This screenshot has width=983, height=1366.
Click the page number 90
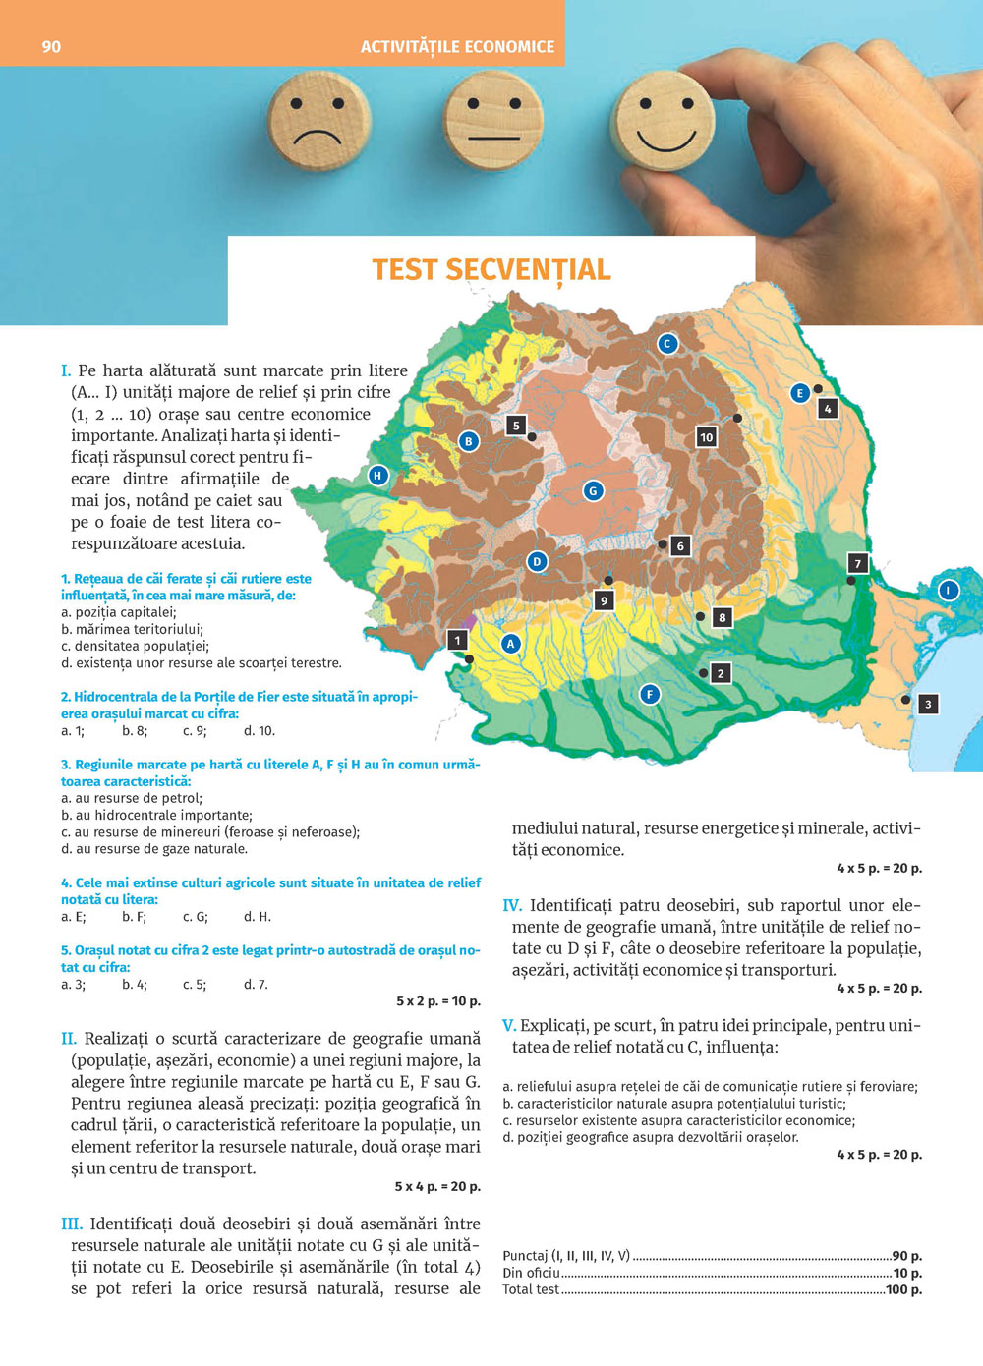point(51,46)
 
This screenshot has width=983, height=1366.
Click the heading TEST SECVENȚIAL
point(491,270)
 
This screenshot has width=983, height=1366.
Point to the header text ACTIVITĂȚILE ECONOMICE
point(457,46)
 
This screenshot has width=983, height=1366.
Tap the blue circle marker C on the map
point(667,343)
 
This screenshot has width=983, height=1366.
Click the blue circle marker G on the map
point(593,490)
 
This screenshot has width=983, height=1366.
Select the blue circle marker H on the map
point(377,476)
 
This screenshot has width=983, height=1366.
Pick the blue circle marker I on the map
point(948,590)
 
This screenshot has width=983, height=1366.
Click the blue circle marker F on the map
point(649,694)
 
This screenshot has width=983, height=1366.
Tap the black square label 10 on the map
point(706,437)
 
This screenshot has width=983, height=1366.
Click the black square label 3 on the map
point(927,704)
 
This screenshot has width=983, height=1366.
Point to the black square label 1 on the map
point(457,640)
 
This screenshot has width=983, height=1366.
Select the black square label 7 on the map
point(857,563)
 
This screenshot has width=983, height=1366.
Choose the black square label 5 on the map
point(516,426)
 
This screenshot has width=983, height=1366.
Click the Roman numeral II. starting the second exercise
point(69,1039)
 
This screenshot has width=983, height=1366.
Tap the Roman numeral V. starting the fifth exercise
point(508,1026)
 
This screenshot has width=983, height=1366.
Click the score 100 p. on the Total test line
point(903,1289)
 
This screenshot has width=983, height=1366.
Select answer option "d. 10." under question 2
point(260,731)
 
